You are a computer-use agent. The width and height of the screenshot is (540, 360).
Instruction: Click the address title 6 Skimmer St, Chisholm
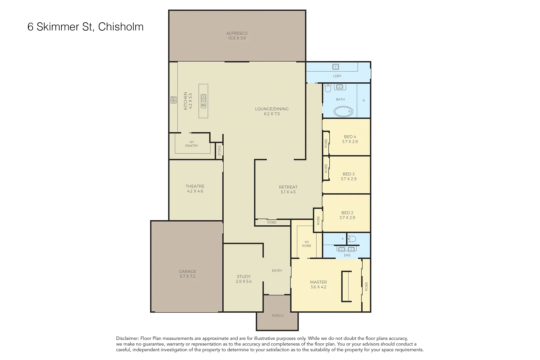tap(85, 27)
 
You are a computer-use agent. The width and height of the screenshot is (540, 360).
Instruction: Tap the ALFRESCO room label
tap(237, 33)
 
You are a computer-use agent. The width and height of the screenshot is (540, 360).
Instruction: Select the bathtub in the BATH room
tap(343, 111)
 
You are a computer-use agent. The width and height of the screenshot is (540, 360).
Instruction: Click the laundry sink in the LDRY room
tap(336, 67)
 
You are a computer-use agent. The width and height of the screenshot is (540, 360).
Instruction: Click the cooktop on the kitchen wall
tap(173, 100)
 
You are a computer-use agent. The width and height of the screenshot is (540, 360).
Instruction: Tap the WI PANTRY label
tap(191, 144)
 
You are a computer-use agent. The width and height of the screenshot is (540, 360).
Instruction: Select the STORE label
tap(219, 151)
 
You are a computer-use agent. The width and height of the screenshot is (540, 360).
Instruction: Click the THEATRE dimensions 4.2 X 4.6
tap(195, 191)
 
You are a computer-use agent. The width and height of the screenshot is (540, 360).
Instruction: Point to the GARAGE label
tap(187, 271)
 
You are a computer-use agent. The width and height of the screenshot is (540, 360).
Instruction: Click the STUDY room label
tap(244, 276)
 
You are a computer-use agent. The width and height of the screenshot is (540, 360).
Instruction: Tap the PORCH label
tap(277, 315)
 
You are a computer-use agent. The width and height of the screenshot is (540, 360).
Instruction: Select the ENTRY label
tap(277, 271)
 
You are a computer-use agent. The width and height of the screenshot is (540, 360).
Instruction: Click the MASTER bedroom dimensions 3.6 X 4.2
tap(318, 287)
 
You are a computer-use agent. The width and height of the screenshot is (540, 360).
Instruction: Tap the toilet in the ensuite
tap(352, 239)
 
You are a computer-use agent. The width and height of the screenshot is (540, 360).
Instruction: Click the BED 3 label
tap(349, 174)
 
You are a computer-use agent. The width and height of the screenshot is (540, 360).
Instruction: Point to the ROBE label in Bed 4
tap(326, 143)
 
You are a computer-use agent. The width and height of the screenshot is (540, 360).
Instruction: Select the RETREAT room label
tap(288, 187)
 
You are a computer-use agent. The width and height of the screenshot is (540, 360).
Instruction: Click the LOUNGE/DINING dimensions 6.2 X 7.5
tap(272, 114)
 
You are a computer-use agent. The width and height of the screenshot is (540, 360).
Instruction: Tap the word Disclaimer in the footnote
tap(127, 338)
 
